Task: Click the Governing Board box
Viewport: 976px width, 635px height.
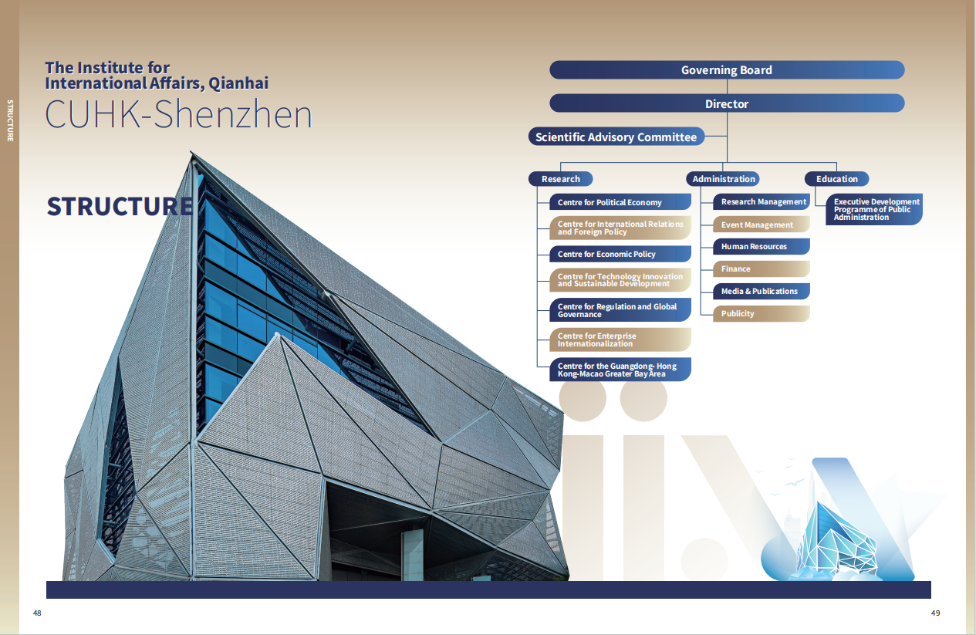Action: click(x=727, y=69)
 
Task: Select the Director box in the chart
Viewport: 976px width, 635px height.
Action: click(x=727, y=103)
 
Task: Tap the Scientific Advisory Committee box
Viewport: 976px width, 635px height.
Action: click(x=616, y=137)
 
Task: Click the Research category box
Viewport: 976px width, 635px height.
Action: click(x=560, y=179)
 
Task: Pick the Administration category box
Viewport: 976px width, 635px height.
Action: click(x=723, y=179)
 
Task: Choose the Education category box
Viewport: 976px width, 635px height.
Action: click(x=836, y=179)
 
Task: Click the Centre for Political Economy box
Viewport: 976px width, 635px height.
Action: click(x=620, y=202)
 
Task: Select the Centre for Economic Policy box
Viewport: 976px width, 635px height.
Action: click(x=620, y=254)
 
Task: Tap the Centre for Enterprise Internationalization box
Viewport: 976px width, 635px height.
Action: click(x=620, y=339)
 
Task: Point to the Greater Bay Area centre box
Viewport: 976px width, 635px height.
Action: click(x=620, y=370)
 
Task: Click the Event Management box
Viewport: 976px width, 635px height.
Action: click(x=762, y=225)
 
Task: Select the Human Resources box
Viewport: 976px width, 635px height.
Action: click(x=762, y=246)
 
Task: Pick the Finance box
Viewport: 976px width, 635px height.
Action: click(x=762, y=269)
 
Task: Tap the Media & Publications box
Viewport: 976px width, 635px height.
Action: click(x=762, y=291)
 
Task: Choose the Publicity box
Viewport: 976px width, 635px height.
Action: click(x=762, y=313)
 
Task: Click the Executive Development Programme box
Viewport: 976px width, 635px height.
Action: click(x=874, y=209)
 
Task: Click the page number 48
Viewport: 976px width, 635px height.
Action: click(x=37, y=613)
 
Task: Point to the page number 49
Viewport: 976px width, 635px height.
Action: click(x=935, y=613)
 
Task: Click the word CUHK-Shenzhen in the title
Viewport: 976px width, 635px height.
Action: click(x=179, y=114)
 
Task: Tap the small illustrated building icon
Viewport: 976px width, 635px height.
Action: click(x=836, y=542)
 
